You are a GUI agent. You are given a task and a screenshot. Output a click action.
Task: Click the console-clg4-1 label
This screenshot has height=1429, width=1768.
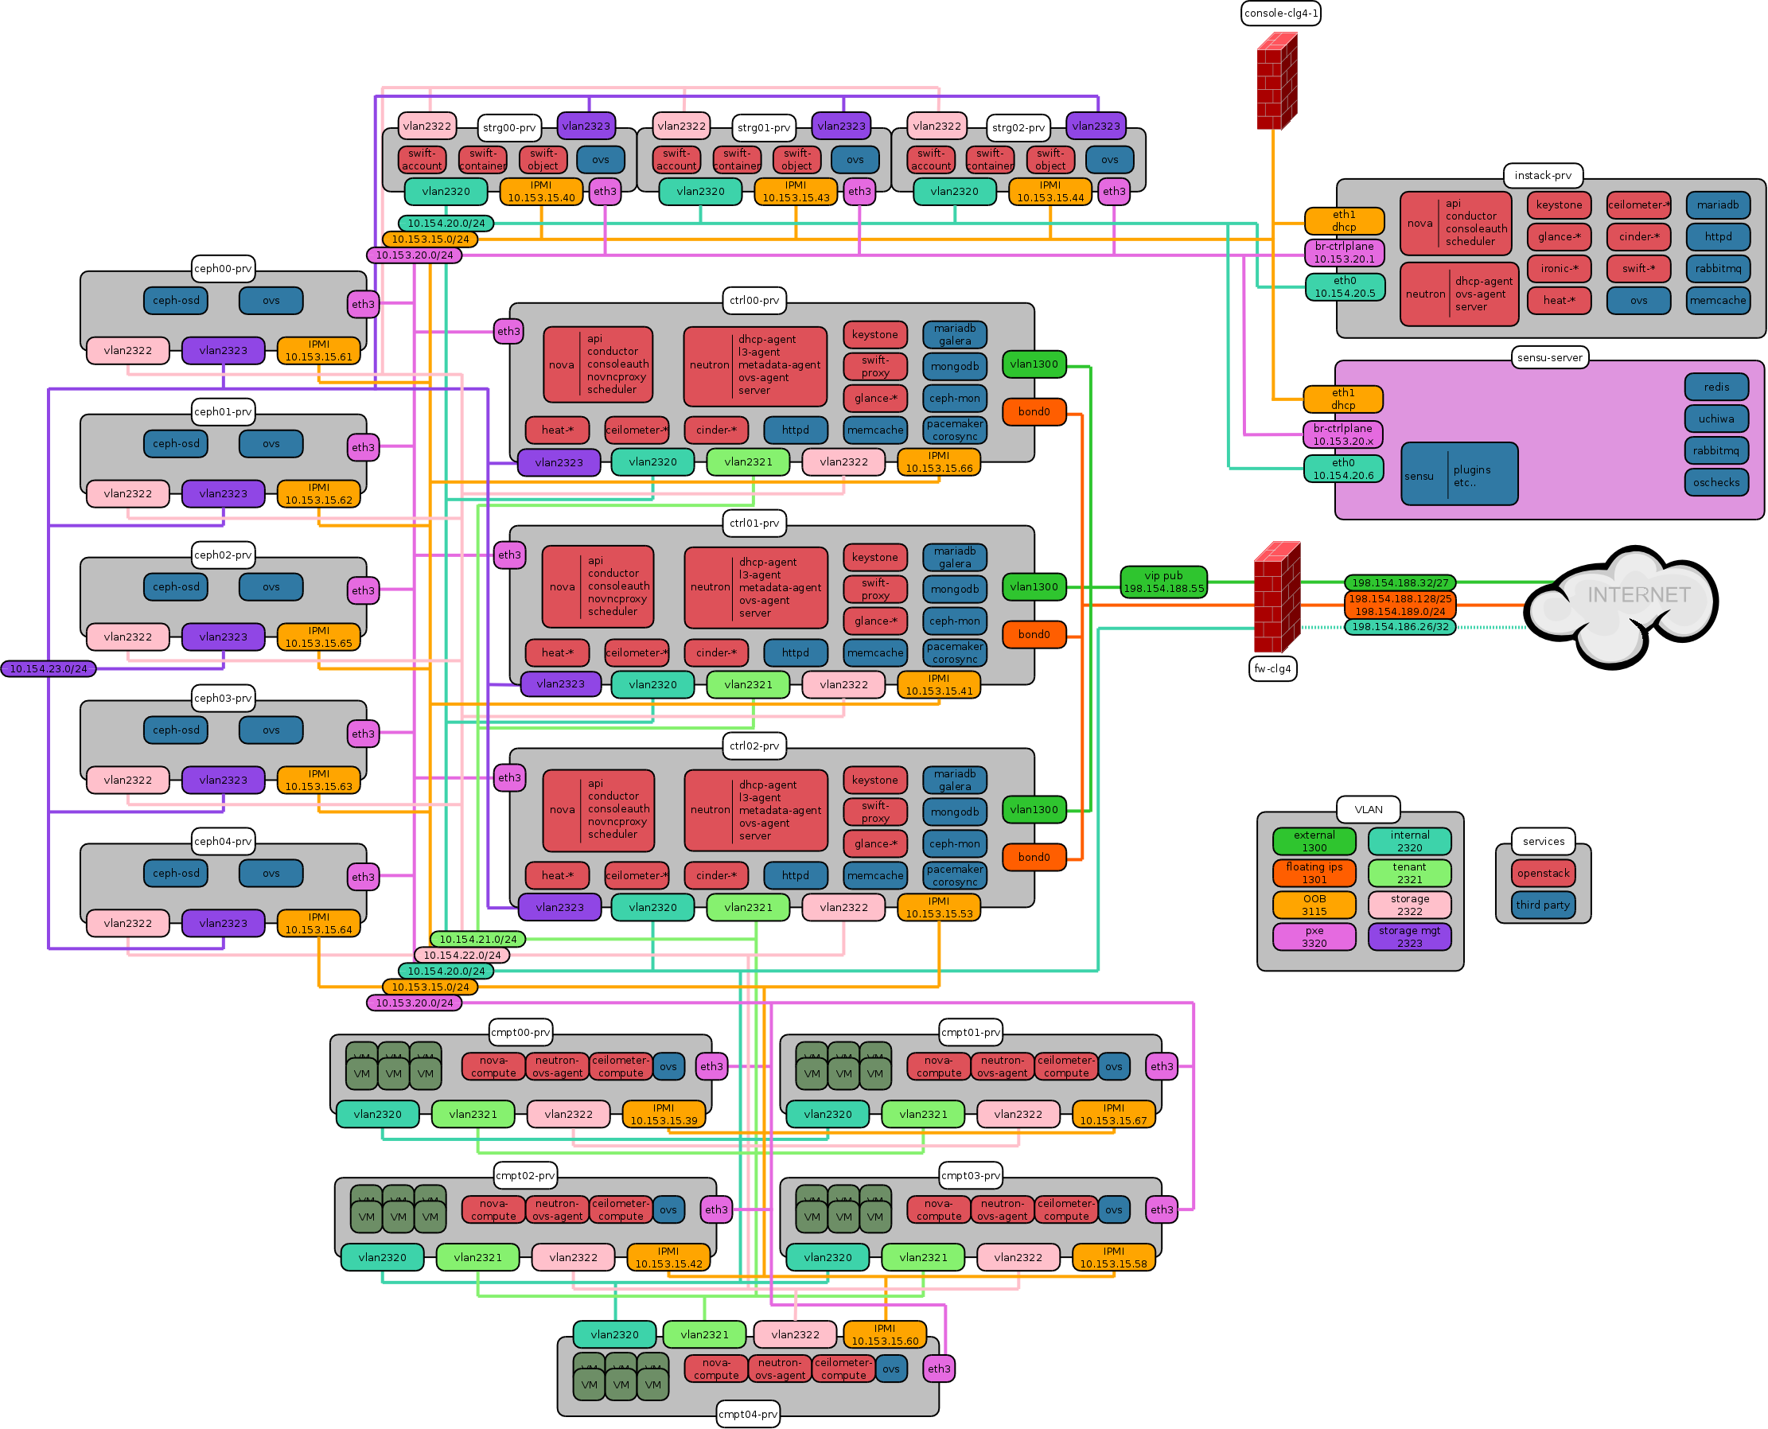[x=1281, y=14]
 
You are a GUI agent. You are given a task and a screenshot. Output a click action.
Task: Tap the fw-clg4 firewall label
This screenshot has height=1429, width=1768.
[x=1272, y=668]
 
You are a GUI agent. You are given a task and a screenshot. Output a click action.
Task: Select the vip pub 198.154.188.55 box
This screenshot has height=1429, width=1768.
[x=1163, y=582]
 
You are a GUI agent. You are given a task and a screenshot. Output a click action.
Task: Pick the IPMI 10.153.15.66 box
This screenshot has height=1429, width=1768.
[x=938, y=461]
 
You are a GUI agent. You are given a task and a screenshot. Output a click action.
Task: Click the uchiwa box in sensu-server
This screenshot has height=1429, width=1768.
[x=1716, y=419]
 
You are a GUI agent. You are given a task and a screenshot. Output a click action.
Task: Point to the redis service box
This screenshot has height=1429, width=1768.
[x=1716, y=387]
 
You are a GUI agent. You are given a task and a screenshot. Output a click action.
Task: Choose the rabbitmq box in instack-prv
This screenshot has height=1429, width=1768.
[x=1718, y=268]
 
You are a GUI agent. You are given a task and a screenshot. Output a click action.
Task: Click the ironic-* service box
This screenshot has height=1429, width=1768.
[x=1559, y=268]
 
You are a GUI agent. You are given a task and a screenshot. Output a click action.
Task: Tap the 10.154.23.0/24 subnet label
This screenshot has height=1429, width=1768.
[x=49, y=668]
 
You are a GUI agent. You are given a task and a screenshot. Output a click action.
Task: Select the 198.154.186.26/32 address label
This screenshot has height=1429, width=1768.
[x=1400, y=626]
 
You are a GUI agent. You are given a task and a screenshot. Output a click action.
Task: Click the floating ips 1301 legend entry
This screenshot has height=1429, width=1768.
[x=1314, y=873]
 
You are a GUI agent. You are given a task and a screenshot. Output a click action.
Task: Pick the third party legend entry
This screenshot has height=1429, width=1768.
[x=1544, y=905]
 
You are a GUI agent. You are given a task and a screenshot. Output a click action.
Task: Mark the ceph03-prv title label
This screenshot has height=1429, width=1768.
[x=223, y=698]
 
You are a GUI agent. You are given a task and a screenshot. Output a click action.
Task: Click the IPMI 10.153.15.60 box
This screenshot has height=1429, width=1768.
[x=885, y=1334]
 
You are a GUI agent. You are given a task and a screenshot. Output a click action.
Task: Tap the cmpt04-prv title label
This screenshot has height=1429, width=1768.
[x=747, y=1414]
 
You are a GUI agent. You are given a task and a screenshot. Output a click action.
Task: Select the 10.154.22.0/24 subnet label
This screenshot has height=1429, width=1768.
[x=461, y=955]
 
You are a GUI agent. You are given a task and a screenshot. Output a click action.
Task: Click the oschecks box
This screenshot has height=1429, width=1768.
[x=1716, y=482]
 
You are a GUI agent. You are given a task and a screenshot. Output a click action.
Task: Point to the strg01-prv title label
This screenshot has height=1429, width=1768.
[x=764, y=127]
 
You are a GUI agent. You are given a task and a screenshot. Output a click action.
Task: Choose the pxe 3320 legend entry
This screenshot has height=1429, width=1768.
[x=1314, y=936]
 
